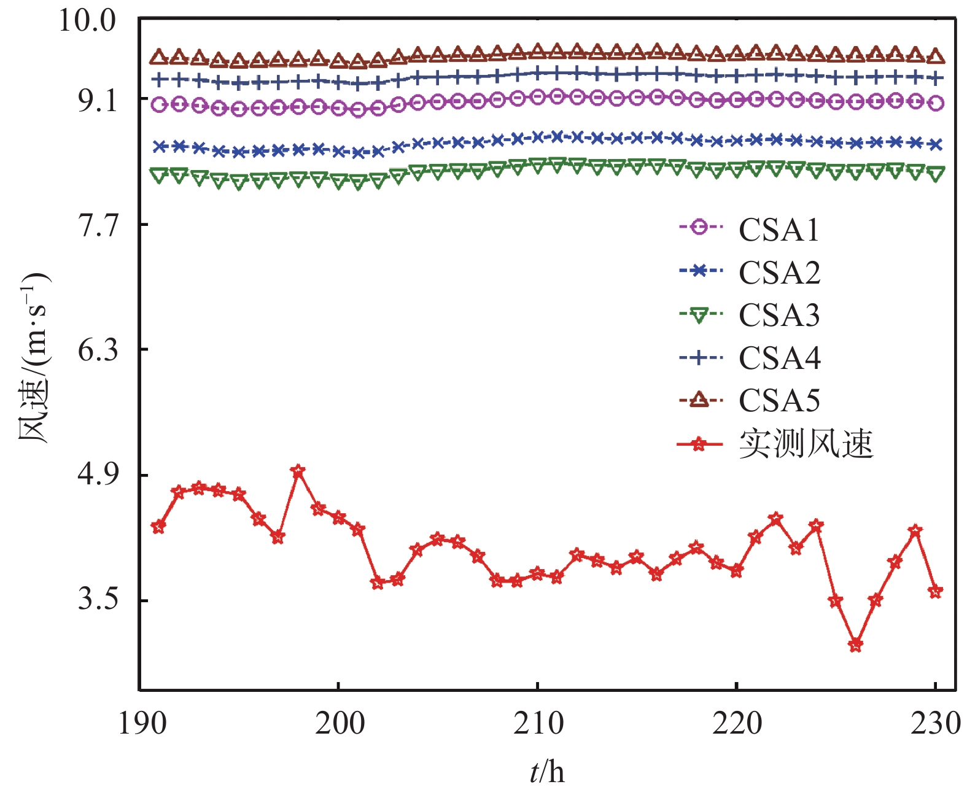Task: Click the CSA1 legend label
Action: (x=779, y=230)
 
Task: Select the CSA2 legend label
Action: (x=779, y=273)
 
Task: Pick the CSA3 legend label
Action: (x=779, y=316)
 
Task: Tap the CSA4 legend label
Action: (x=779, y=358)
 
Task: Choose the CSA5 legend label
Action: (x=779, y=401)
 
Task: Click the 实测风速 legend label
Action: (x=806, y=444)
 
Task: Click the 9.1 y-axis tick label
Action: (x=97, y=100)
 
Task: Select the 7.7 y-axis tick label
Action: (x=97, y=225)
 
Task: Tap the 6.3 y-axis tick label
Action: (x=97, y=351)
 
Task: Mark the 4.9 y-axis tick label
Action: (x=97, y=476)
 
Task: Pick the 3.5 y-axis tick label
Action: (x=97, y=600)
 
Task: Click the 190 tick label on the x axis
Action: (x=142, y=723)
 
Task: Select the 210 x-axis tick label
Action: (x=538, y=723)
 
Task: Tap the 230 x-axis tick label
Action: (x=934, y=723)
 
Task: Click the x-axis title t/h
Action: (x=547, y=771)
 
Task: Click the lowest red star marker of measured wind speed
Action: (x=855, y=645)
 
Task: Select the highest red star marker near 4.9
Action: (x=298, y=471)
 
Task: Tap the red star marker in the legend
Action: (x=699, y=444)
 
